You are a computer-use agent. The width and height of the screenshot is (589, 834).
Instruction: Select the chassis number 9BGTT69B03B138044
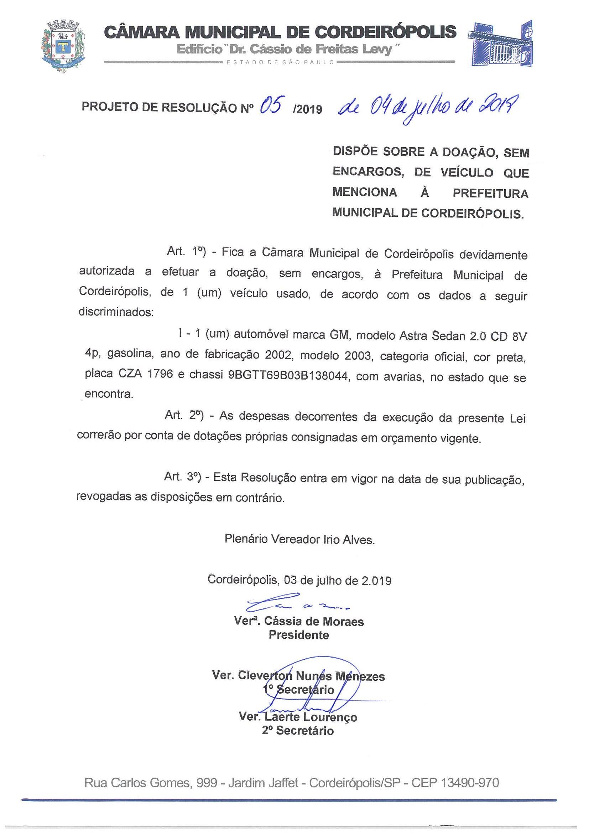289,376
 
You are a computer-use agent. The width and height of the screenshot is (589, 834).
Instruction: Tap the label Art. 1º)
186,252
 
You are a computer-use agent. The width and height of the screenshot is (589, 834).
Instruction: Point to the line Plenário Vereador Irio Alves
299,539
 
